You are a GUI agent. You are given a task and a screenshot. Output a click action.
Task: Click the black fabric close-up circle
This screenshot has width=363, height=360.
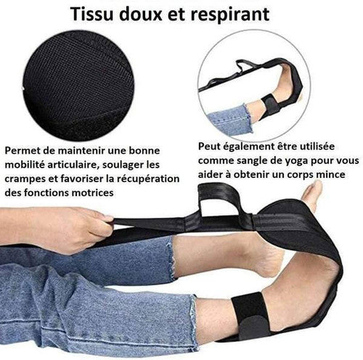(78, 85)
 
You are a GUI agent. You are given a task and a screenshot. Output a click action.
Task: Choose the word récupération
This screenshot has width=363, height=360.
(148, 179)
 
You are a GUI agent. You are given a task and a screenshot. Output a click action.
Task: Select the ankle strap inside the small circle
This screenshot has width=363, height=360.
(272, 104)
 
